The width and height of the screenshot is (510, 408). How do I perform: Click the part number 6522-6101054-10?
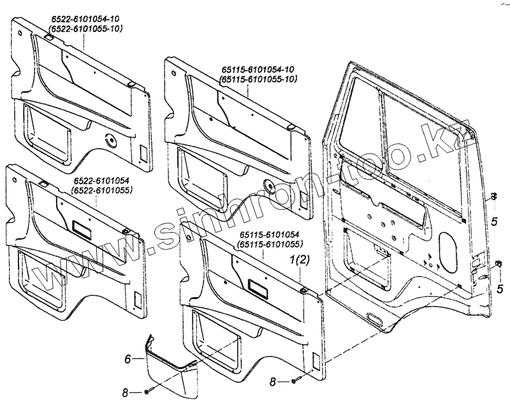pos(84,21)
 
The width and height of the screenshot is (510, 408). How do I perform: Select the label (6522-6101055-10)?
pos(84,29)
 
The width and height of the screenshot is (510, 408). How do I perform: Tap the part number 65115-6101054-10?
pos(258,69)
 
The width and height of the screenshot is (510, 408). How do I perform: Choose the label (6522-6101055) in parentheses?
pos(101,190)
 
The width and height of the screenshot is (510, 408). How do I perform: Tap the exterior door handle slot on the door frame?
pos(377,319)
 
